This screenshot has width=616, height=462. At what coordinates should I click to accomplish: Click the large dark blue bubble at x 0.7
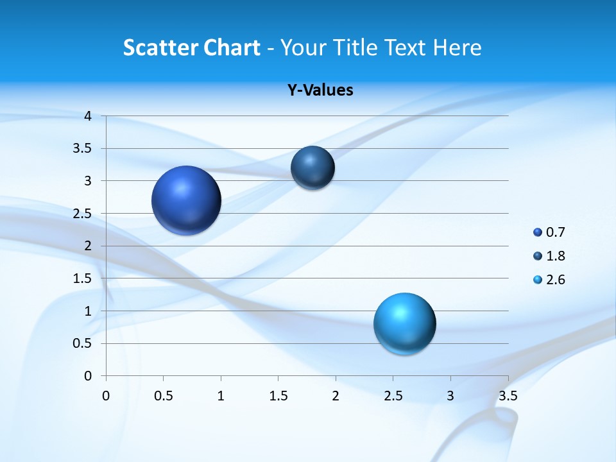187,200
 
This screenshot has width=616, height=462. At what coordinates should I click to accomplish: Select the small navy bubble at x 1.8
312,167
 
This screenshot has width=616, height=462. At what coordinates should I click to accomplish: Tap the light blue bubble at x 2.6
404,323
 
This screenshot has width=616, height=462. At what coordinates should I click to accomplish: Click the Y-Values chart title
320,90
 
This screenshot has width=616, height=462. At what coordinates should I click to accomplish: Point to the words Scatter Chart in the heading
192,47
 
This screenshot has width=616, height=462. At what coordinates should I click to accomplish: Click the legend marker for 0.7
538,232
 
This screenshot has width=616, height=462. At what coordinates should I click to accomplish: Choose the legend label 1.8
556,256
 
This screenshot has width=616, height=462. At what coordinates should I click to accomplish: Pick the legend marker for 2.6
538,280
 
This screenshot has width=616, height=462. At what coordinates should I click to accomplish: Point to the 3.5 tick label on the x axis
508,395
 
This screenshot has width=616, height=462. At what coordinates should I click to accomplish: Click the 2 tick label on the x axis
336,395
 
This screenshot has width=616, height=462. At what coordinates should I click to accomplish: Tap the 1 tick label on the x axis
221,395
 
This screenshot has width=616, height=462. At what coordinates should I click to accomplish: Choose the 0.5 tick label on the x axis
164,395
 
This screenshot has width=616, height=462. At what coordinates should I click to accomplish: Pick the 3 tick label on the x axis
450,395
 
